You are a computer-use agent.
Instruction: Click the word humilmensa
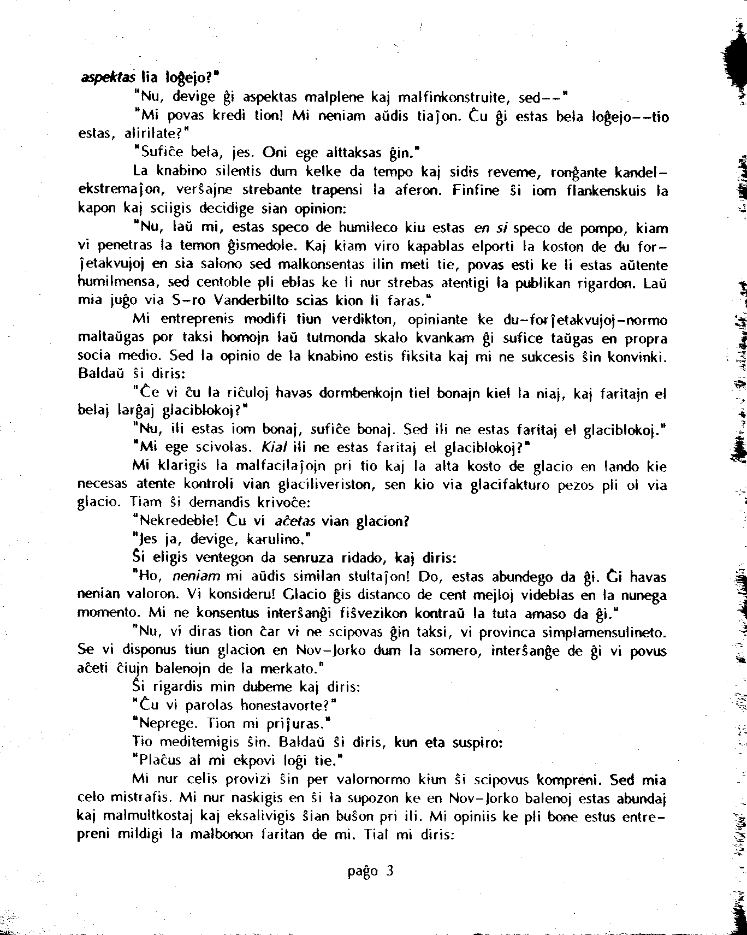118,283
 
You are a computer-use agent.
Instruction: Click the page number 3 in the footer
389,871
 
